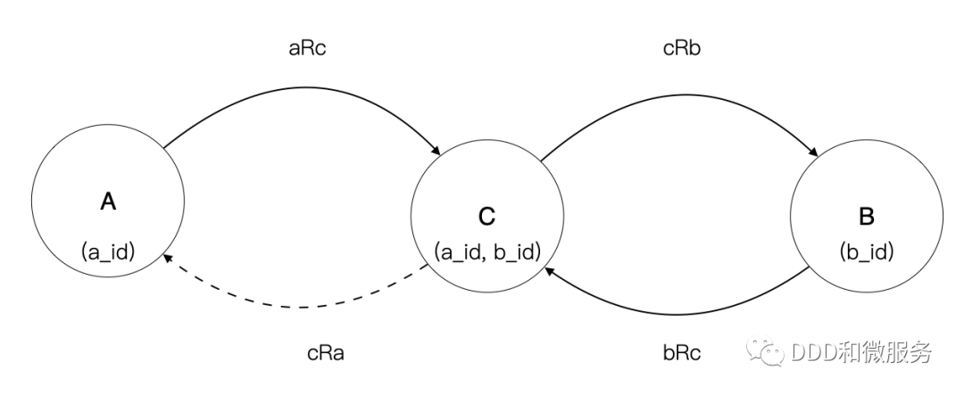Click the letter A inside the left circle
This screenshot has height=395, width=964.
[x=108, y=202]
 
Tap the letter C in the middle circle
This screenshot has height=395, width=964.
[x=486, y=216]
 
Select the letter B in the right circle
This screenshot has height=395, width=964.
[x=866, y=216]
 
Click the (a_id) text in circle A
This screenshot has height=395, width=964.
[x=107, y=251]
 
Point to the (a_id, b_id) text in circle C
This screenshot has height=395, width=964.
[x=487, y=252]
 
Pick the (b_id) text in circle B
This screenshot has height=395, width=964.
[x=866, y=251]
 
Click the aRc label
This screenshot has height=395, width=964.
[x=308, y=48]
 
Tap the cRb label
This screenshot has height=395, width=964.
[x=682, y=48]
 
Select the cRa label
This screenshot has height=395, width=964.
[x=325, y=352]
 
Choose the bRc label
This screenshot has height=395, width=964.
[x=682, y=352]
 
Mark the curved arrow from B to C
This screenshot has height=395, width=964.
[x=678, y=313]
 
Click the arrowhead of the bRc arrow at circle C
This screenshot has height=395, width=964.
[x=547, y=270]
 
